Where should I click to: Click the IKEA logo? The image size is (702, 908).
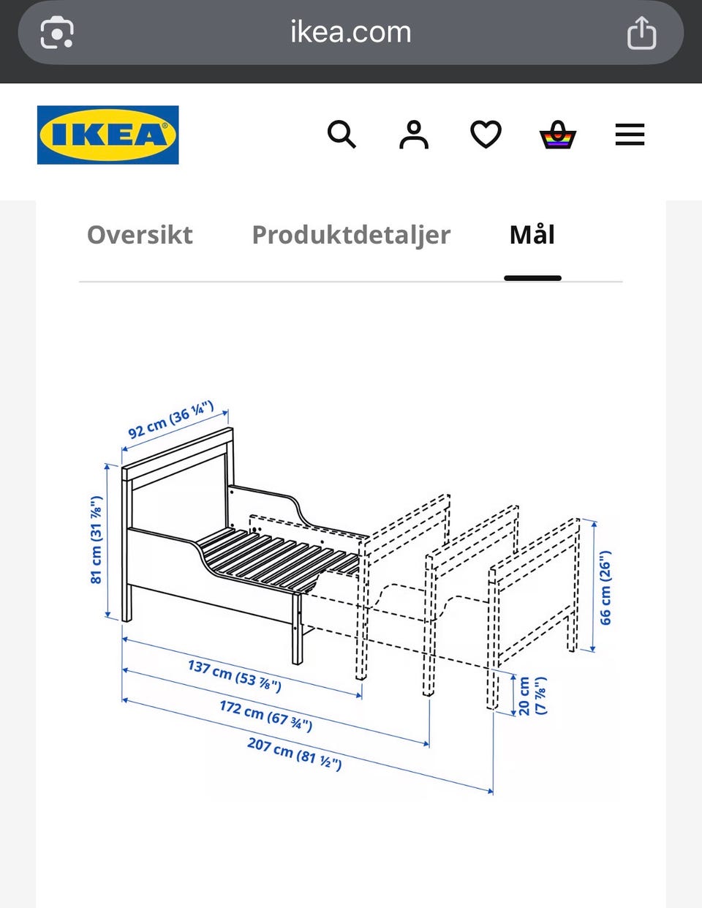tap(107, 135)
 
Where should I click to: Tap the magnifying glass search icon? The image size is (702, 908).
tap(341, 135)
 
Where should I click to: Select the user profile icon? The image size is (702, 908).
tap(414, 135)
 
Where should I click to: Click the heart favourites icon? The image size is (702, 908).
tap(486, 134)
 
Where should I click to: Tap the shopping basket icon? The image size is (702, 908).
tap(558, 135)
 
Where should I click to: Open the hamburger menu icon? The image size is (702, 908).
tap(630, 135)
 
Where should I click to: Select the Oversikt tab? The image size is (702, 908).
tap(140, 234)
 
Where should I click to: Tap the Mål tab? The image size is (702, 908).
tap(532, 234)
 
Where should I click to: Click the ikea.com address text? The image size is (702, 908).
tap(351, 31)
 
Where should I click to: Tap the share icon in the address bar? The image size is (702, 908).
tap(642, 33)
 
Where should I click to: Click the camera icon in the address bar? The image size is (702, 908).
tap(57, 32)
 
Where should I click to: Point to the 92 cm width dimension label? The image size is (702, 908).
tap(171, 420)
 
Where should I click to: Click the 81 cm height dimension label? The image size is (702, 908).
tap(97, 540)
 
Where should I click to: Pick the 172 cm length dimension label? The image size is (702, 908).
tap(266, 716)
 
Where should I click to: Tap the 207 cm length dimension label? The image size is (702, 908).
tap(295, 754)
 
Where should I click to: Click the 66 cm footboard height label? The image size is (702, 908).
tap(605, 588)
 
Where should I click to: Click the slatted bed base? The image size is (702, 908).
tap(278, 558)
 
